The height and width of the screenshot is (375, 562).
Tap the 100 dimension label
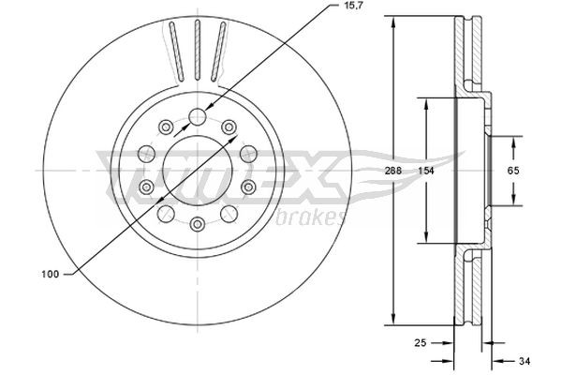[52, 275]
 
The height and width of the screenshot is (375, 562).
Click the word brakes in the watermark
[313, 218]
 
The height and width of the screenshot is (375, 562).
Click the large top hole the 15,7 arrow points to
[198, 117]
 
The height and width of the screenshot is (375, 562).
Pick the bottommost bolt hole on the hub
[198, 224]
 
